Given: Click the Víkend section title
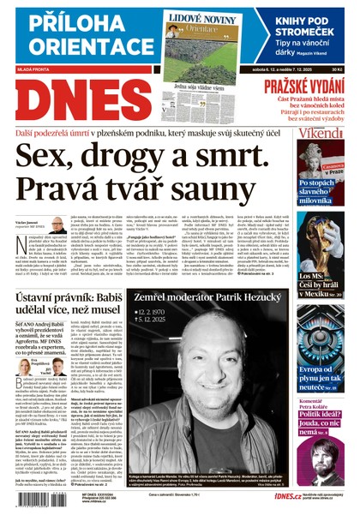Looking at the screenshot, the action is point(321,137).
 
